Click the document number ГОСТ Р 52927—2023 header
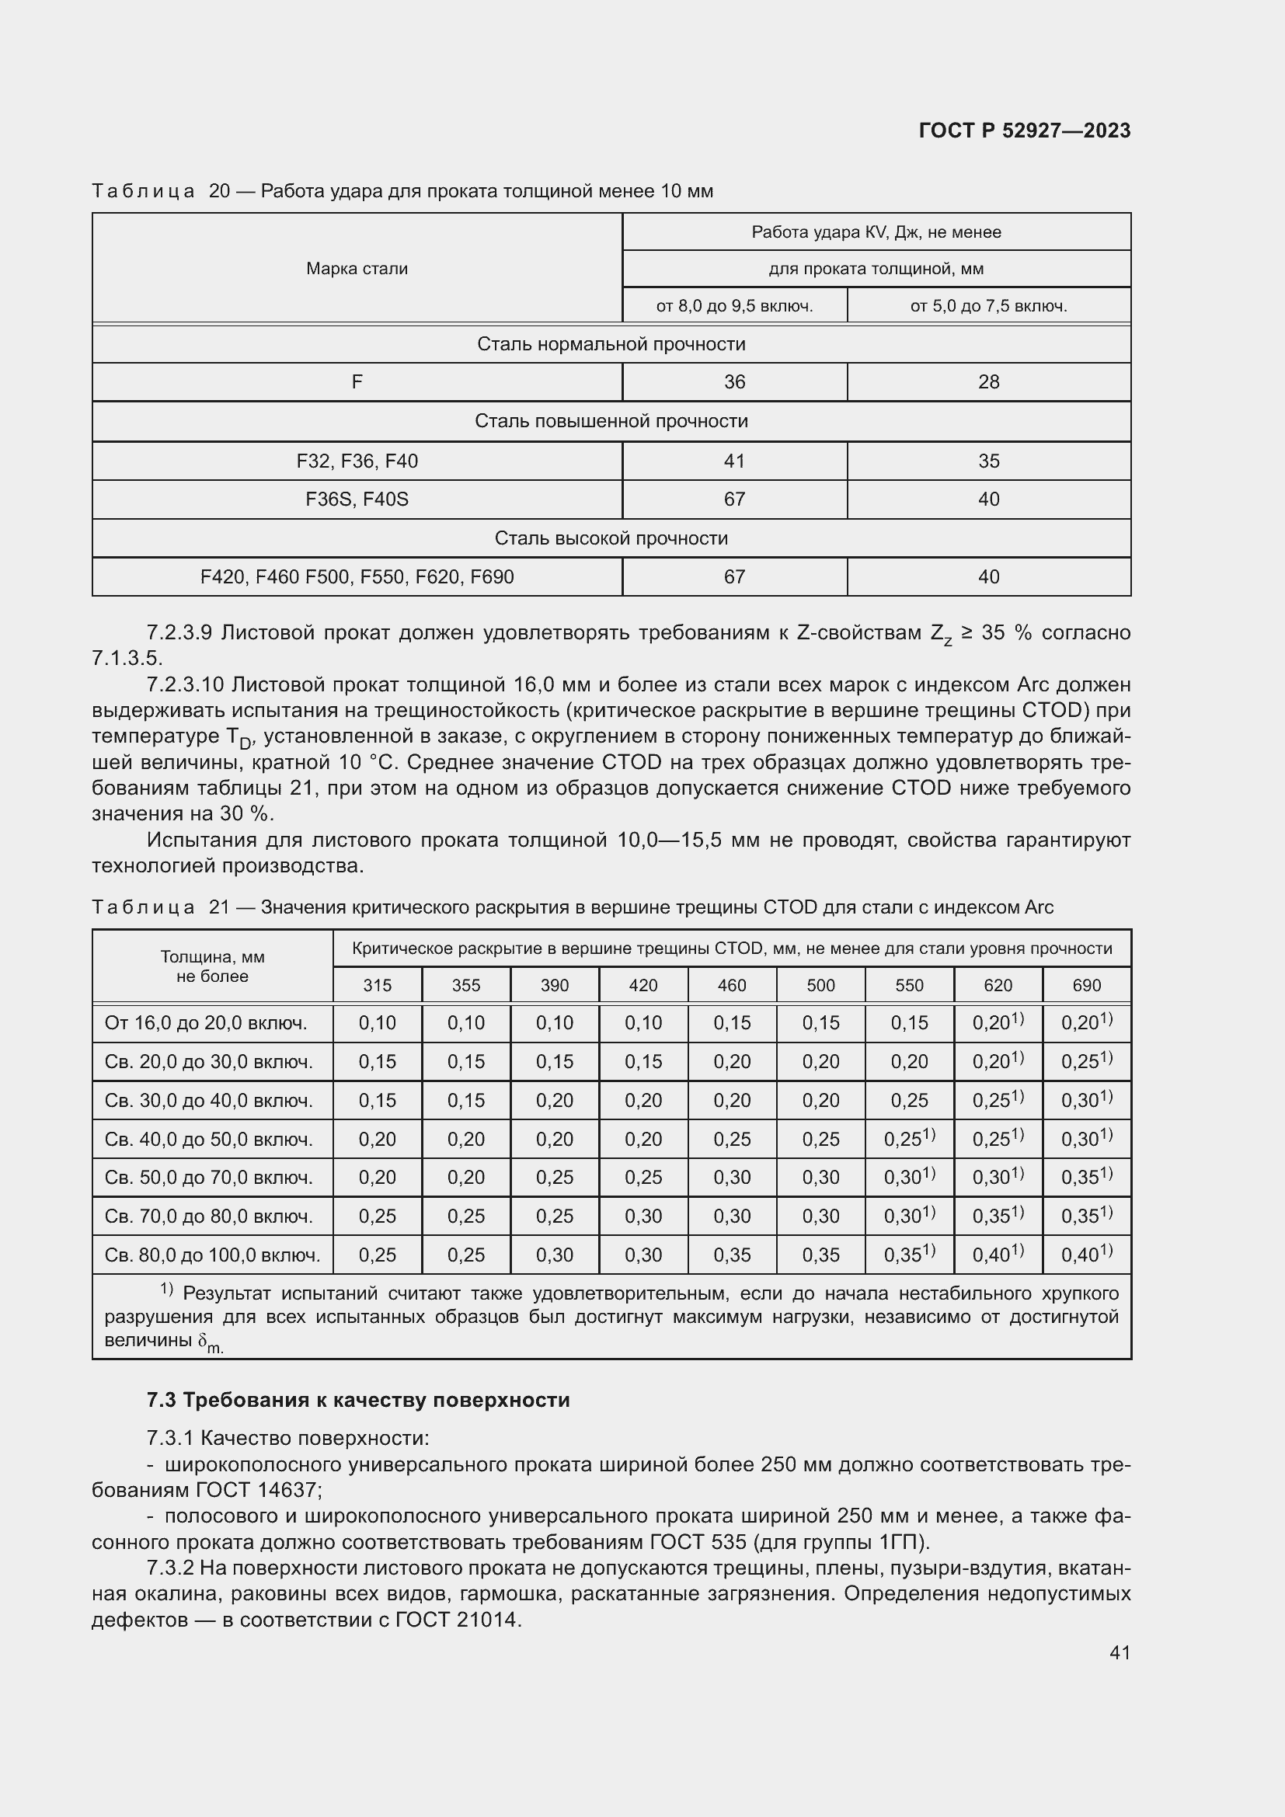1024,131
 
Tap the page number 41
1120,1652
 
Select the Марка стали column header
357,269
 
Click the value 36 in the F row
734,382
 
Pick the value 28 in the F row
988,382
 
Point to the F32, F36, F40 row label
357,461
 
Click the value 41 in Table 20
734,461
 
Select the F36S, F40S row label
357,500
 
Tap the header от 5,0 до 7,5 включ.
988,306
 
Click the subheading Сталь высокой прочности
611,539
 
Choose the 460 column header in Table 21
732,985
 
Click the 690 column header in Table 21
1086,985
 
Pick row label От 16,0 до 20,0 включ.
206,1023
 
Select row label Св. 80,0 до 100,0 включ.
212,1255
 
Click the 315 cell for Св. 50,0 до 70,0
378,1178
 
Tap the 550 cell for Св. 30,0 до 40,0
909,1101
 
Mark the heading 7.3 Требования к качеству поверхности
357,1400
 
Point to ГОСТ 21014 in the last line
457,1620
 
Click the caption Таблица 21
160,907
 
